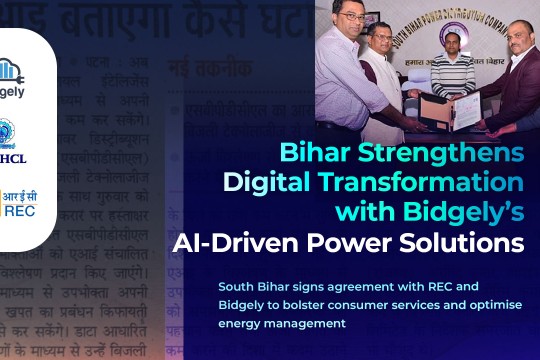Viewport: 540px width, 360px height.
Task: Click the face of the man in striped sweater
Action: coord(451,61)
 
